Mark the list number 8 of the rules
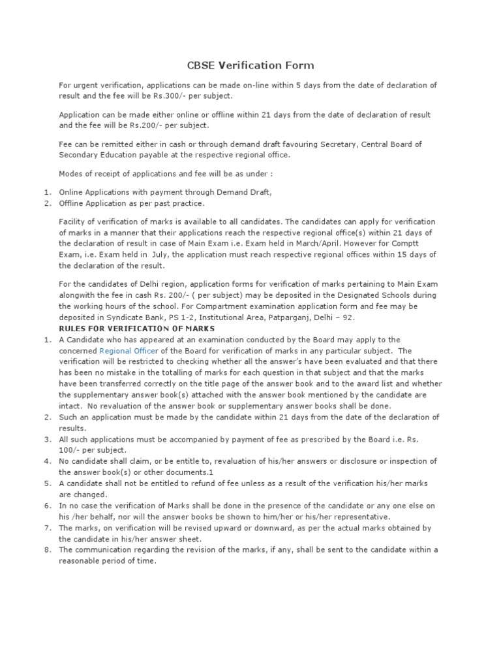tap(48, 549)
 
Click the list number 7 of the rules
tap(48, 528)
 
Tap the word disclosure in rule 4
tap(351, 461)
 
